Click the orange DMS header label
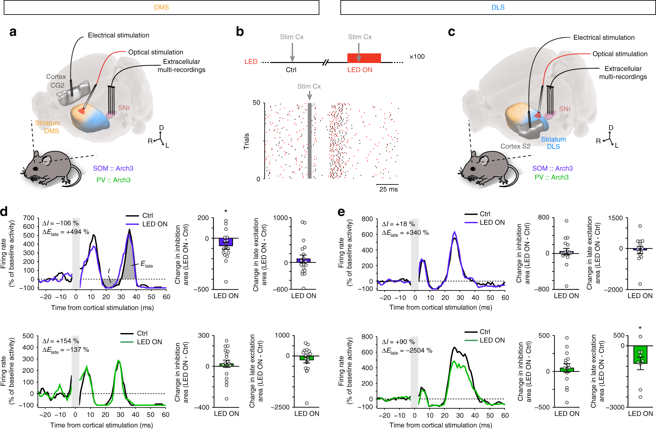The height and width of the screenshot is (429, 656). coord(161,7)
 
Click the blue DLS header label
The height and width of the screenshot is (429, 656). coord(498,7)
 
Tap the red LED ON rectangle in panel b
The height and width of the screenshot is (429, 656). coord(364,58)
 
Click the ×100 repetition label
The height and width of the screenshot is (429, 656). coord(417,57)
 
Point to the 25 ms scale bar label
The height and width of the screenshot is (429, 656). coord(388,189)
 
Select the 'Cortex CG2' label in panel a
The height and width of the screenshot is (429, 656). coord(56,81)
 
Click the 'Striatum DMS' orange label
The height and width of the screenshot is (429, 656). coord(48,127)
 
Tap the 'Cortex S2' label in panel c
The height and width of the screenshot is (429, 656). coord(515,146)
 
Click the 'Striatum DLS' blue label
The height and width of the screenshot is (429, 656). coord(553,143)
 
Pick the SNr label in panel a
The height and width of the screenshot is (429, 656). coord(124,108)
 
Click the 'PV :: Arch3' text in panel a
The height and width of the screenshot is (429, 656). coord(113,180)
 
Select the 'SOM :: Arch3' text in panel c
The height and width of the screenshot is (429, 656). coord(552,168)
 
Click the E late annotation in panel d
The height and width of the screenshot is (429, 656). coord(146,264)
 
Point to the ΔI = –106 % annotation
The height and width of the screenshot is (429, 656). coord(61,223)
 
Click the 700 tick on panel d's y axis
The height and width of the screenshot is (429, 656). coord(29,218)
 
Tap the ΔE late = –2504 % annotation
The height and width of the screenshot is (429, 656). coord(407,351)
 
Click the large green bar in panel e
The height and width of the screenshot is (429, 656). coord(640,354)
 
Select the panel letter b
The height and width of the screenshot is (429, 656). coord(240,32)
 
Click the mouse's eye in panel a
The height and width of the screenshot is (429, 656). coord(36,169)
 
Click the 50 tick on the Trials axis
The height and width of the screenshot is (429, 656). coord(256,103)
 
